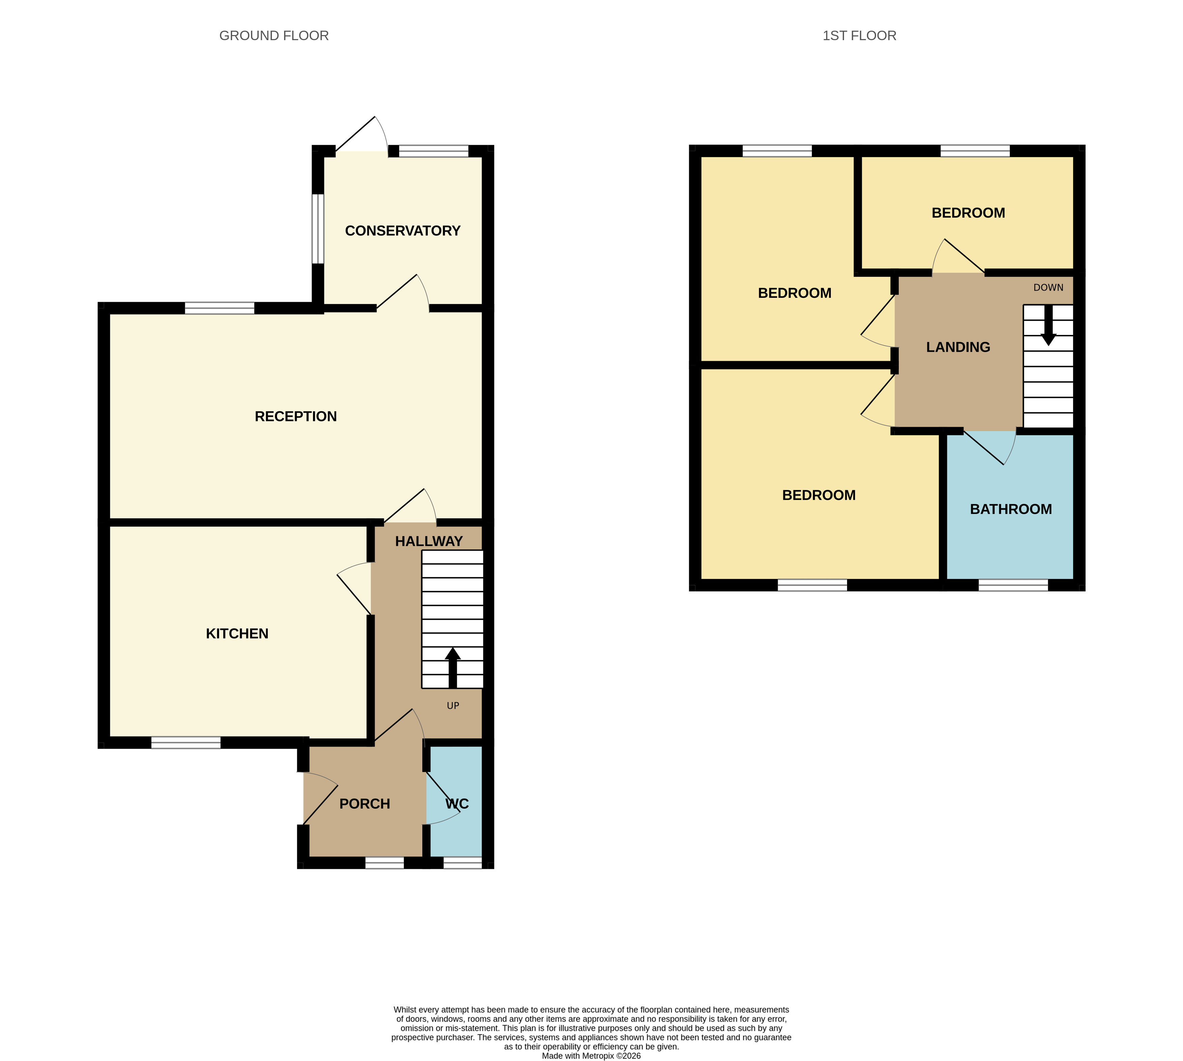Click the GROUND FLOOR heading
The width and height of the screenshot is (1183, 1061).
pyautogui.click(x=274, y=35)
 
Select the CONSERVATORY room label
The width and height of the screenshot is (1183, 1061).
pyautogui.click(x=403, y=231)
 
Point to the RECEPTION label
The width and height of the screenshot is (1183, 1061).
pyautogui.click(x=295, y=416)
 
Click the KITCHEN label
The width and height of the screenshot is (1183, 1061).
pyautogui.click(x=237, y=634)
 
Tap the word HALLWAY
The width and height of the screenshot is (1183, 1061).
pyautogui.click(x=429, y=541)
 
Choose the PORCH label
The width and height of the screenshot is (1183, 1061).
pyautogui.click(x=365, y=804)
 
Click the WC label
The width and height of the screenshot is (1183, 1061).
pyautogui.click(x=457, y=804)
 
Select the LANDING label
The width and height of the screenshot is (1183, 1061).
pyautogui.click(x=958, y=347)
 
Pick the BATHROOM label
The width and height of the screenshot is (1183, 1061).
pyautogui.click(x=1011, y=509)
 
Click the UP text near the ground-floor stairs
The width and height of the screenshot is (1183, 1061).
pyautogui.click(x=453, y=706)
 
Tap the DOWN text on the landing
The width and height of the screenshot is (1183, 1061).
pyautogui.click(x=1048, y=287)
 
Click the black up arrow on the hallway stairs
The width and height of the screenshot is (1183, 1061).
pyautogui.click(x=453, y=668)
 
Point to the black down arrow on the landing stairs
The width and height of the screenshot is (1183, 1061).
pyautogui.click(x=1048, y=325)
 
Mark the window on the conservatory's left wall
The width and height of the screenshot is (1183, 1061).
pyautogui.click(x=318, y=228)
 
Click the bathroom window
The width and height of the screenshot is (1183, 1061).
pyautogui.click(x=1013, y=585)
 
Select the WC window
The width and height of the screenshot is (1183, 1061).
pyautogui.click(x=463, y=863)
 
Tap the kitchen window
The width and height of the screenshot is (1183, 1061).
pyautogui.click(x=186, y=743)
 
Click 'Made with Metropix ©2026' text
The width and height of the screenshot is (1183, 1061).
pyautogui.click(x=591, y=1056)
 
